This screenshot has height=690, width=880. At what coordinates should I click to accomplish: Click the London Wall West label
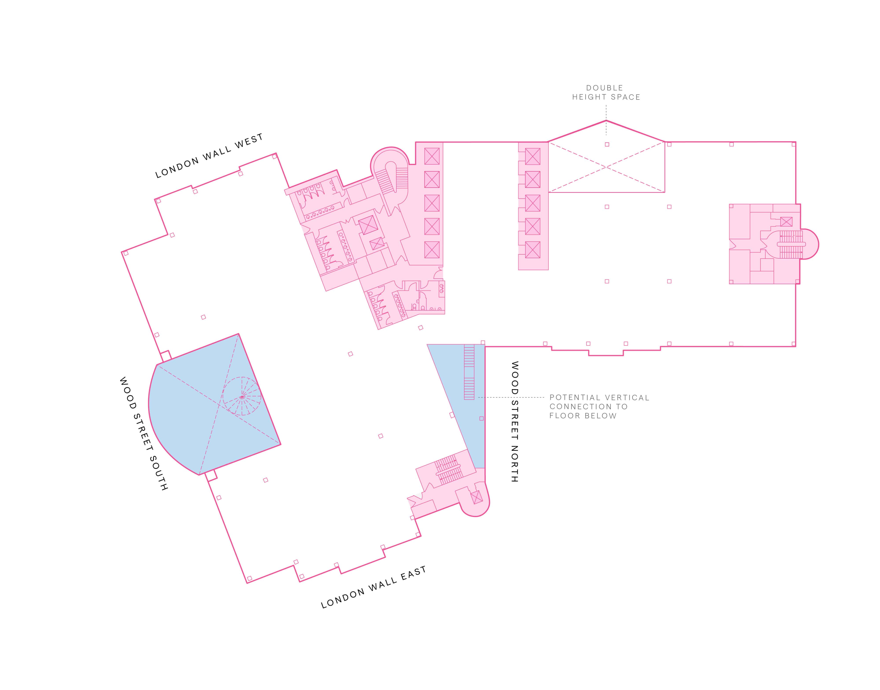pyautogui.click(x=209, y=156)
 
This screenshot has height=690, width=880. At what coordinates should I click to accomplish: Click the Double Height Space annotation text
pyautogui.click(x=606, y=92)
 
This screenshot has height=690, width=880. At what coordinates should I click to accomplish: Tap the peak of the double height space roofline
pyautogui.click(x=606, y=120)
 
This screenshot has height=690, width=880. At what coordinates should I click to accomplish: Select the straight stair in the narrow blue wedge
pyautogui.click(x=469, y=372)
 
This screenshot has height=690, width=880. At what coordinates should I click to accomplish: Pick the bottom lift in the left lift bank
pyautogui.click(x=432, y=250)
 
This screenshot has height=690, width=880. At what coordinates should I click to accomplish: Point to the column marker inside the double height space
pyautogui.click(x=607, y=144)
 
